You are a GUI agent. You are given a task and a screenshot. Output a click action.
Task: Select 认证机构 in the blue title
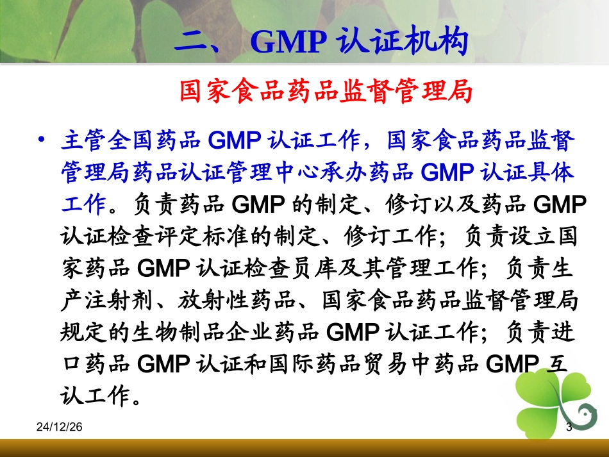(x=401, y=42)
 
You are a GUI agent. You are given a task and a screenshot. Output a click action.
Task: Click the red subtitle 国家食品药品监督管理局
(x=326, y=92)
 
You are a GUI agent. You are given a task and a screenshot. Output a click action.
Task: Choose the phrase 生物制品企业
(x=224, y=333)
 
